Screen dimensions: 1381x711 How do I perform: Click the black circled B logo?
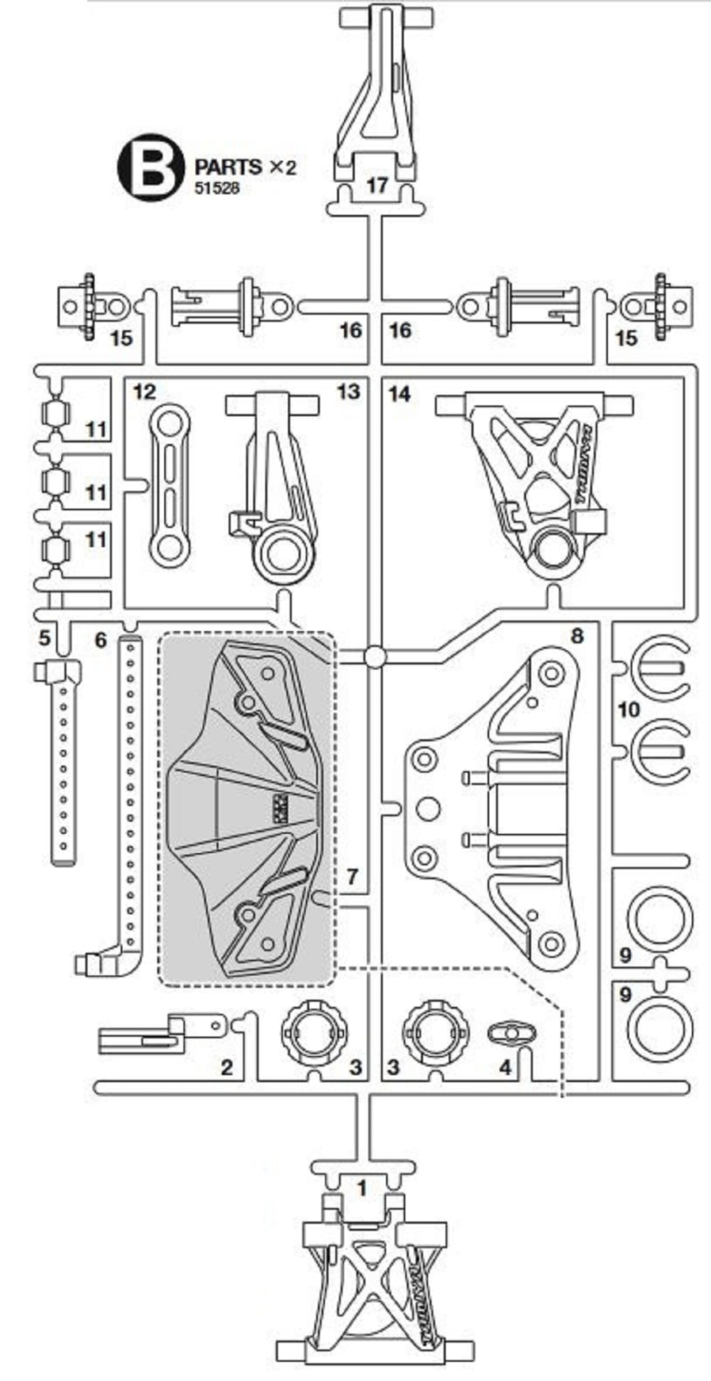click(151, 167)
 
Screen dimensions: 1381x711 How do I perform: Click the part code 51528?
click(218, 188)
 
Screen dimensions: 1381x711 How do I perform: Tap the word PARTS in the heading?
click(228, 167)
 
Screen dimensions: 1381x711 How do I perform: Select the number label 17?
click(377, 185)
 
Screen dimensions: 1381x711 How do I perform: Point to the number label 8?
click(577, 635)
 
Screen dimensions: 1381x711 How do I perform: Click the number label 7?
click(352, 876)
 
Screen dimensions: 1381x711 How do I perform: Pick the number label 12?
click(144, 392)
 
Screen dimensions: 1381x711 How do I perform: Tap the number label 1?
click(362, 1188)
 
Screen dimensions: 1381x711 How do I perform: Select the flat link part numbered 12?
click(170, 485)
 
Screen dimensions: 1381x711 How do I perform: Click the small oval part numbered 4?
click(512, 1032)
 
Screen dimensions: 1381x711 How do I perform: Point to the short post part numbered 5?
click(63, 754)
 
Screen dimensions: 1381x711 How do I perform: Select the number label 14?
click(400, 393)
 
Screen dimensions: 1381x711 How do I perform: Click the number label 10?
click(629, 709)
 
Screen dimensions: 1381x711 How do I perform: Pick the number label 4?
click(506, 1067)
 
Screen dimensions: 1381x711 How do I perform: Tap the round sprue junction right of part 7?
click(375, 657)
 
